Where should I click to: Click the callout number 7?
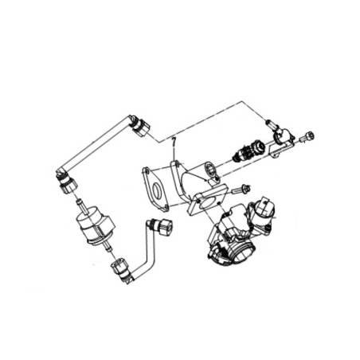174,141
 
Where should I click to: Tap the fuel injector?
248,150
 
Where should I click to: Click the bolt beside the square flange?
241,189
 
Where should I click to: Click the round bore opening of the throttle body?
246,252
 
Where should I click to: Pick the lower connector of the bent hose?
121,268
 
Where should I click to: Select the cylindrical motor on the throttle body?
262,209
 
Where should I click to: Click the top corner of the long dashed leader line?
242,101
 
